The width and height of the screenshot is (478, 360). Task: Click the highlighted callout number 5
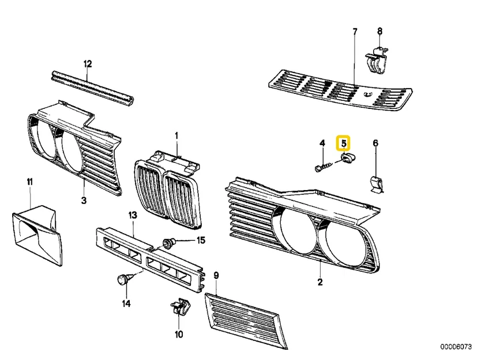(x=344, y=142)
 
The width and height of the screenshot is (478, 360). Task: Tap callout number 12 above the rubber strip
(x=88, y=63)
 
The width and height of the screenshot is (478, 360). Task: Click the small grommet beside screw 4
(x=347, y=158)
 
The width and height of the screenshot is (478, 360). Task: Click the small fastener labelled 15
(x=170, y=242)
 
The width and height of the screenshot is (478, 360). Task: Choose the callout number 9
(x=216, y=275)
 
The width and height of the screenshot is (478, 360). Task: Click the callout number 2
(x=320, y=282)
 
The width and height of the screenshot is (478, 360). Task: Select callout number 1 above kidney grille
(x=177, y=136)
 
